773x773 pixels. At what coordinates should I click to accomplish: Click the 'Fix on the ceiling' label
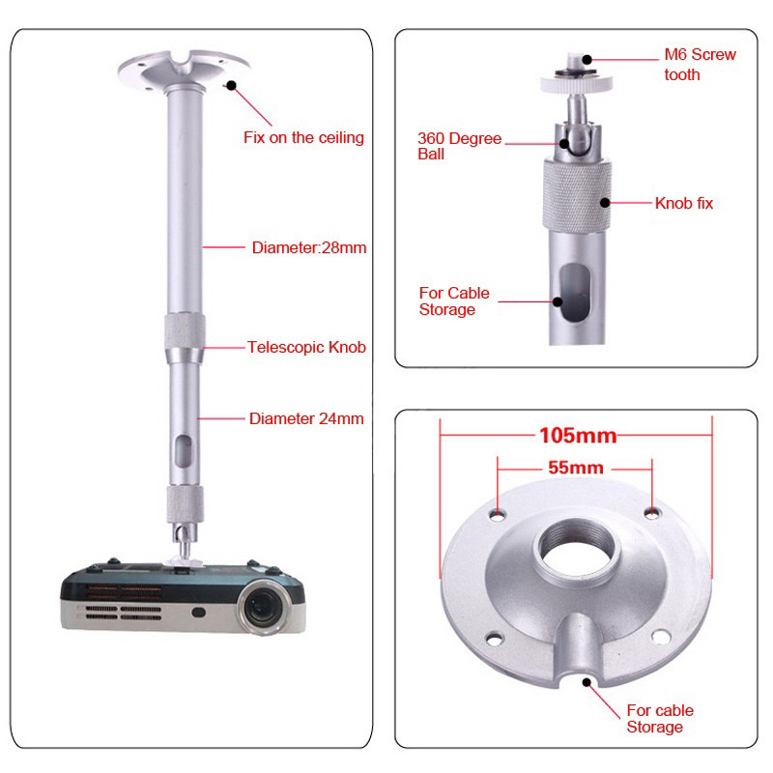(303, 137)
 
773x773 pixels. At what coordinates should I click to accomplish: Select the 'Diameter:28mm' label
(309, 247)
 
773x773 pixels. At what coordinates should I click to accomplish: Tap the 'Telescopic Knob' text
(306, 347)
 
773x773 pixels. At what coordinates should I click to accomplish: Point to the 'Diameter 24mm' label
(306, 418)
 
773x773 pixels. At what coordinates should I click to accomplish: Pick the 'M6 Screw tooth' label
(700, 64)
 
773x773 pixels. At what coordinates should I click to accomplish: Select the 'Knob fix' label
(684, 203)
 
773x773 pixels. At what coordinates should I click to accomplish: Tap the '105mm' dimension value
(578, 436)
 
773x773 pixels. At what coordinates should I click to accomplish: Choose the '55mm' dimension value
(576, 468)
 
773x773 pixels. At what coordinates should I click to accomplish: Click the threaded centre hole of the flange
(577, 549)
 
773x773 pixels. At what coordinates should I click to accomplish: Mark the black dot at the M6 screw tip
(587, 60)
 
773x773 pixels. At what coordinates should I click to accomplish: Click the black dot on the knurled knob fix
(606, 203)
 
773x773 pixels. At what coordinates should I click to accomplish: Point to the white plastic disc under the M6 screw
(576, 84)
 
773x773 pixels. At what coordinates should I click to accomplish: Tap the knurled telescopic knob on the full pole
(185, 330)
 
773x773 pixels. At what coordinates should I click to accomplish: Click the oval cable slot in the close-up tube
(575, 293)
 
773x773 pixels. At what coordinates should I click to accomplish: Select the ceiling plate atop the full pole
(184, 71)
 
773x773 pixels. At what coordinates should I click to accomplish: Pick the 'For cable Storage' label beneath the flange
(660, 719)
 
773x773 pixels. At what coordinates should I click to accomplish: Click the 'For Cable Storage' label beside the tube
(454, 301)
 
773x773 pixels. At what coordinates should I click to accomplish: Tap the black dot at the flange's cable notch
(587, 683)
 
